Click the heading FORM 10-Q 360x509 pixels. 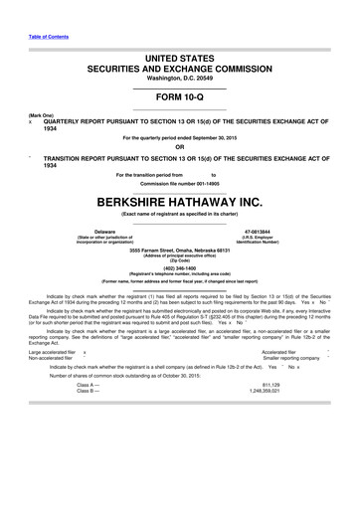pyautogui.click(x=180, y=97)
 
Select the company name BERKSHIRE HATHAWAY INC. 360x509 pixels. pyautogui.click(x=180, y=199)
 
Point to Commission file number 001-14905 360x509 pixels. pyautogui.click(x=180, y=183)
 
